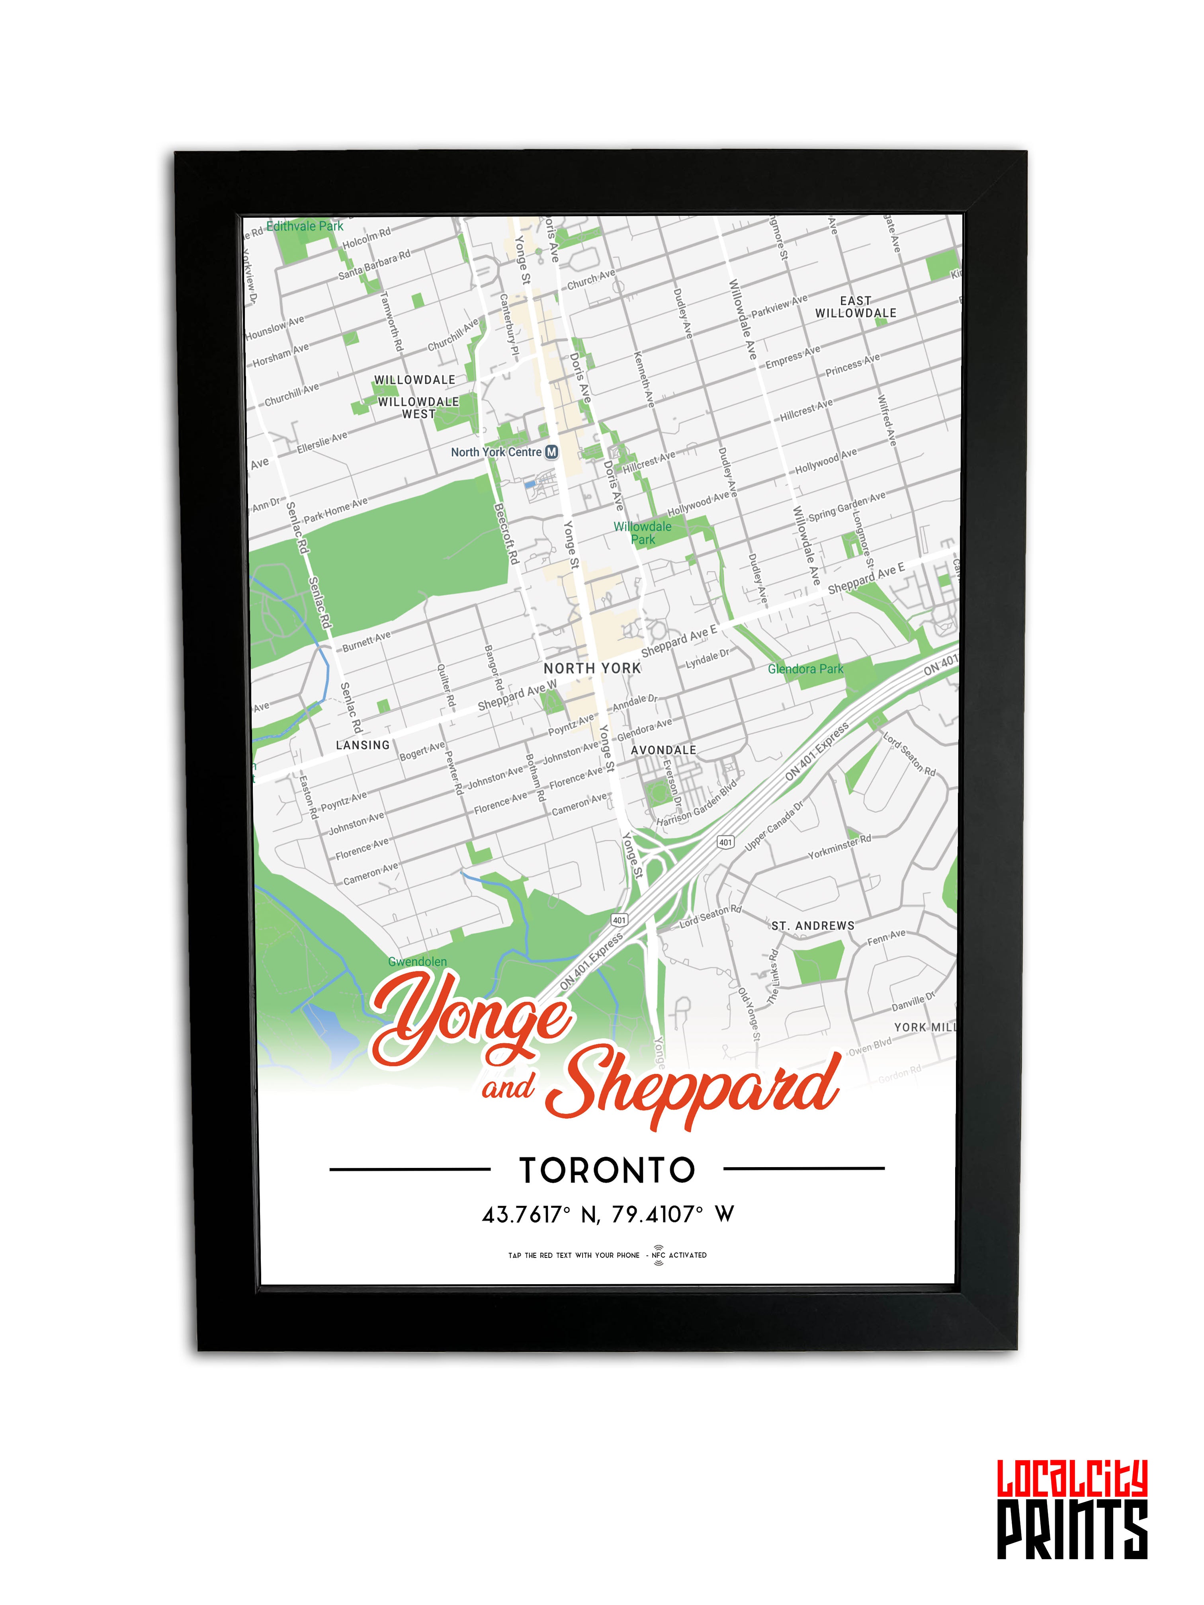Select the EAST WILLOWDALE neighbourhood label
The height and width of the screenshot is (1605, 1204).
[856, 307]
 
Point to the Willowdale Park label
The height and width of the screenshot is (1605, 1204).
[642, 533]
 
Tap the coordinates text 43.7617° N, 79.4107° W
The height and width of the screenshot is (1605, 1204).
[608, 1214]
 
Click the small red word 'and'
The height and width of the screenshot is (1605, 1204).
[508, 1088]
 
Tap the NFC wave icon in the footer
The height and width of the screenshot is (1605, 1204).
[658, 1256]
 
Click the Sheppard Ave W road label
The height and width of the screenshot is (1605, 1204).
[517, 695]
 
